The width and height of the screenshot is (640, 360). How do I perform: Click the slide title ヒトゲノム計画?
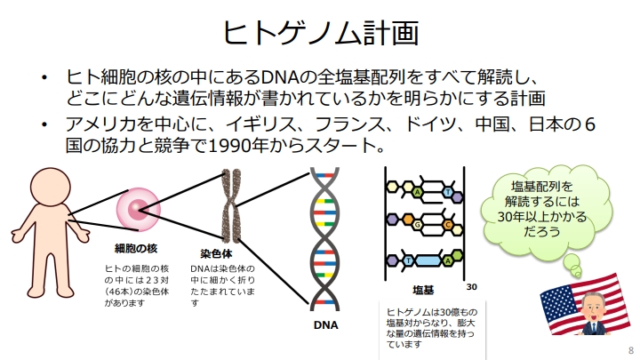(321, 33)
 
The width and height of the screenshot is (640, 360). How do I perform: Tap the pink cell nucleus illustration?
(139, 210)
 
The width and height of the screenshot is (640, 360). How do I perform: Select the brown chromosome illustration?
(231, 206)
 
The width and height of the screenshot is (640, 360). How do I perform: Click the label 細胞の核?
(136, 248)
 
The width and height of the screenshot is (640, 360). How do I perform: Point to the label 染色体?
(216, 253)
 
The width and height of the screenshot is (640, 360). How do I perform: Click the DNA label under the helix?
(325, 325)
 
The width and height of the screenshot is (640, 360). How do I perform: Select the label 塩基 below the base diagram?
(423, 290)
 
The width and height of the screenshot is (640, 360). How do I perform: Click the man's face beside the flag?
(591, 307)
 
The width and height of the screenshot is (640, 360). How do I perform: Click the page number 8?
(631, 350)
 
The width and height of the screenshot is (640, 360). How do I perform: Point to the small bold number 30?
(471, 287)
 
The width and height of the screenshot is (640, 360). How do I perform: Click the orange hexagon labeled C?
(448, 225)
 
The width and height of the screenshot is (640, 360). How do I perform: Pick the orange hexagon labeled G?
(417, 225)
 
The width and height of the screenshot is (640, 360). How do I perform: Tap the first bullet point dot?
(44, 77)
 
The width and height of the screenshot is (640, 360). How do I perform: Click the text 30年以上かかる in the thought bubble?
(542, 216)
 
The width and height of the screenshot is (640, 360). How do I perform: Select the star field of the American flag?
(555, 300)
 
